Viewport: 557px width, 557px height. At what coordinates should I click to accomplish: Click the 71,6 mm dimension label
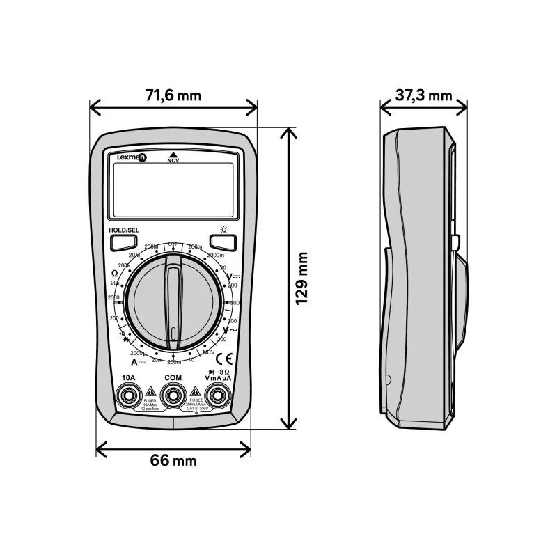tap(173, 95)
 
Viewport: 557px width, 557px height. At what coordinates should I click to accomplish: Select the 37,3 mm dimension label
tap(423, 95)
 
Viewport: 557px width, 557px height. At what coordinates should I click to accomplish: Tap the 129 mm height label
tap(301, 278)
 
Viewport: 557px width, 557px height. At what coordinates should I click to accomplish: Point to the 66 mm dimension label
tap(173, 460)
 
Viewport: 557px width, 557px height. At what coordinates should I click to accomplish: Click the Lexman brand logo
tap(132, 158)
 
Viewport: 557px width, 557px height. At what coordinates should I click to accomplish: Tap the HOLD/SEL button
tap(123, 243)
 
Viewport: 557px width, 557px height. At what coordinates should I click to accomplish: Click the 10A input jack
tap(128, 396)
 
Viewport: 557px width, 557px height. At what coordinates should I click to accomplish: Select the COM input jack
tap(173, 396)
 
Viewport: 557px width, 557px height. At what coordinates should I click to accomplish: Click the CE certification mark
tap(226, 359)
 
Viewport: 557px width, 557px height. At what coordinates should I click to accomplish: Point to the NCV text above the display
tap(173, 161)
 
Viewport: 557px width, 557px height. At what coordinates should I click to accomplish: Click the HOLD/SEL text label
tap(124, 230)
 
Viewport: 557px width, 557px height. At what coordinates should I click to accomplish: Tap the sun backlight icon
tap(223, 229)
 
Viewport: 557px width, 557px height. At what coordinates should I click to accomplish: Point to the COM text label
tap(173, 377)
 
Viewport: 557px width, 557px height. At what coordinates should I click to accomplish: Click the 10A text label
tap(128, 377)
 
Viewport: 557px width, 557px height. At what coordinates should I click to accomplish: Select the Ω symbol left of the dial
tap(115, 274)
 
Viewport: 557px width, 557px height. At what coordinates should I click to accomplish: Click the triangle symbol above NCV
tap(173, 154)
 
